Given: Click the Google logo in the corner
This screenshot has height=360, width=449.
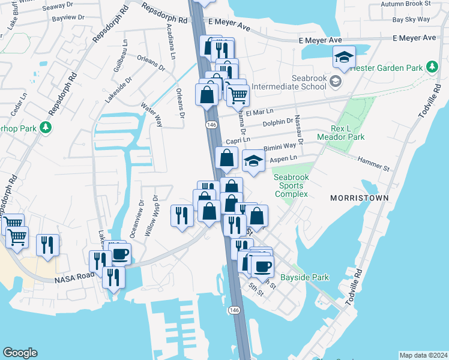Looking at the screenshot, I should (20, 353).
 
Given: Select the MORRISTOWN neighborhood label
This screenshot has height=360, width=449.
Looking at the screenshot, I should (356, 197).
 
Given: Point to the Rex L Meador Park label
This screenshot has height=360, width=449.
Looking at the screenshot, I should (348, 133).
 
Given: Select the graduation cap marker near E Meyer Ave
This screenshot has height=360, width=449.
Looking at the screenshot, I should (344, 58).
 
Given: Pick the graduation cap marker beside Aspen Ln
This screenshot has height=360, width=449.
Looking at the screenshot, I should (253, 161).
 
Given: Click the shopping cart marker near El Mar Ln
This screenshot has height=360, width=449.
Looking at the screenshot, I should (238, 95).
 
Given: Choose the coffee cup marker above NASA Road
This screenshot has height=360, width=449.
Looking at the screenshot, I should (119, 254).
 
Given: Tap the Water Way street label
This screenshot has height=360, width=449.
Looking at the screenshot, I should (151, 114).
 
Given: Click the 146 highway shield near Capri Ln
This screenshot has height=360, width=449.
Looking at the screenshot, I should (211, 124).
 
